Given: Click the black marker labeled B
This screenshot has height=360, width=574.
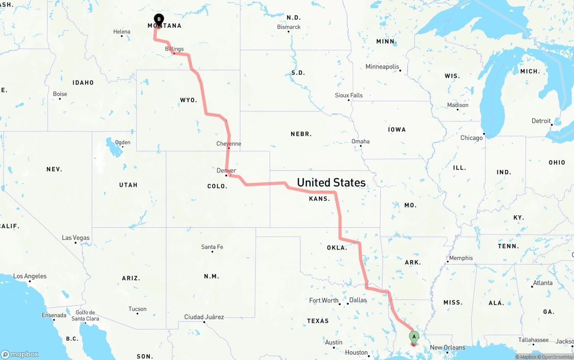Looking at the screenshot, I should point(159,19).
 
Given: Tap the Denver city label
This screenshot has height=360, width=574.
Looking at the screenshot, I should point(226,171).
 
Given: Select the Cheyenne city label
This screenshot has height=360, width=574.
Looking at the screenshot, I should point(229,144).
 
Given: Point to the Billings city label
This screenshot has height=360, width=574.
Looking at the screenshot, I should point(174,49).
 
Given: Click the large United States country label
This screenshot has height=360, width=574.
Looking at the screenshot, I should point(331,182).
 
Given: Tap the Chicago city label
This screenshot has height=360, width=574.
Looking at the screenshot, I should point(471,138).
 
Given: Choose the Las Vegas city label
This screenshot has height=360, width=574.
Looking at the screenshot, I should point(75,238).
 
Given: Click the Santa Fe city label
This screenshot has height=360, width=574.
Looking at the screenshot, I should point(212,247).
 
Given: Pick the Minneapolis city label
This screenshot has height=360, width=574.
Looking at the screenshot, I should point(382,67).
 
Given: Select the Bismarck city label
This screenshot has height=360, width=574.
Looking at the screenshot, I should point(289,27).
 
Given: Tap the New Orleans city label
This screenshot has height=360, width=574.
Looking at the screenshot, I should point(448,347).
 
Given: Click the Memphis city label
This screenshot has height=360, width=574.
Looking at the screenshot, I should point(461,258).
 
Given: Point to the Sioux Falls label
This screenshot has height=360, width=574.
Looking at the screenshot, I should point(349,95).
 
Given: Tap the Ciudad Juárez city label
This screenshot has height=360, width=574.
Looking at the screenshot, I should point(204,317).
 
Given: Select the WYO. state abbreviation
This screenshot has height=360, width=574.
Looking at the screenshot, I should point(188,100).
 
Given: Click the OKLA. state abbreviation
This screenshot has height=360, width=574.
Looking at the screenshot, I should point(336,247).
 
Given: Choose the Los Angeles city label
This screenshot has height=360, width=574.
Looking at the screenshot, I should point(30,276).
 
